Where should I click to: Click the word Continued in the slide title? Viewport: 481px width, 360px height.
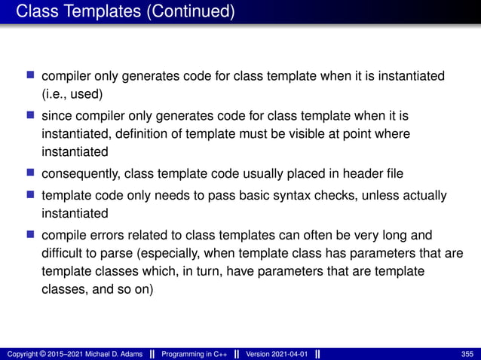tap(195, 12)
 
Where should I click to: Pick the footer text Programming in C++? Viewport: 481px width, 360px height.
tap(197, 354)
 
